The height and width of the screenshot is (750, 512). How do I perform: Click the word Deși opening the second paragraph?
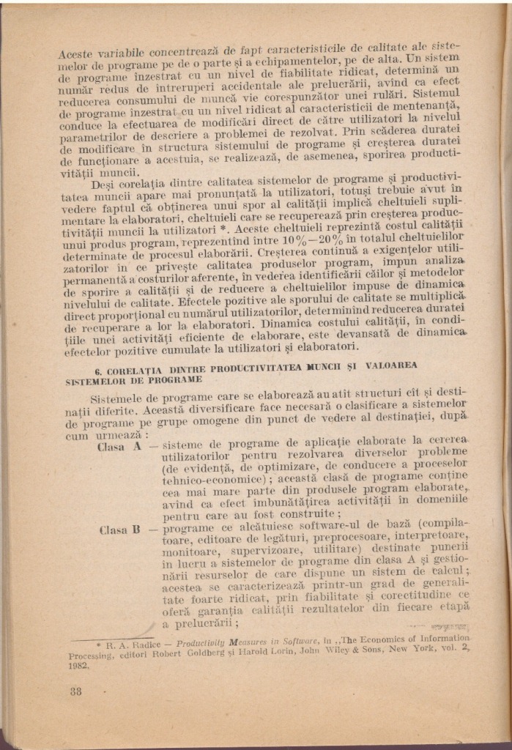point(105,182)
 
